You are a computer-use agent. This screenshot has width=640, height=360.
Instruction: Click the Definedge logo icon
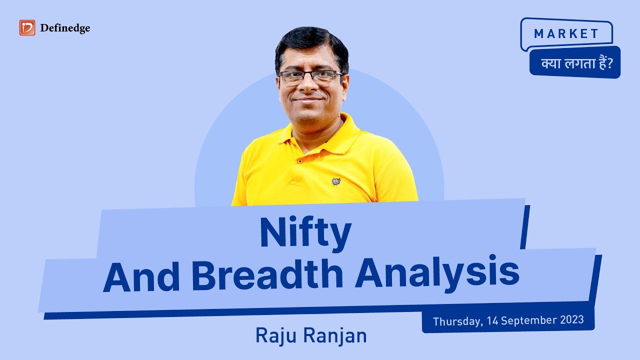click(27, 28)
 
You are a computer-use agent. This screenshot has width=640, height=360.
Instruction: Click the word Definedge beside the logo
click(65, 28)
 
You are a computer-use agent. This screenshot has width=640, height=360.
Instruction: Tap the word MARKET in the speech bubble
click(566, 34)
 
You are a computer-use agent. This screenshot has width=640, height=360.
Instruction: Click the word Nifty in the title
click(305, 234)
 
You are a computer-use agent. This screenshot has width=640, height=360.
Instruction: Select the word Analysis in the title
click(437, 276)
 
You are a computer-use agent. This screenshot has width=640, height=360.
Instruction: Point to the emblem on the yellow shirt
click(336, 181)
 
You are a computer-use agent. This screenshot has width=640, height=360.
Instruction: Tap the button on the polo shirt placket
click(299, 161)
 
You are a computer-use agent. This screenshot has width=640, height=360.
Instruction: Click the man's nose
click(310, 86)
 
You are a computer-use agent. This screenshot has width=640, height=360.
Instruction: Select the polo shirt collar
click(345, 131)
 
